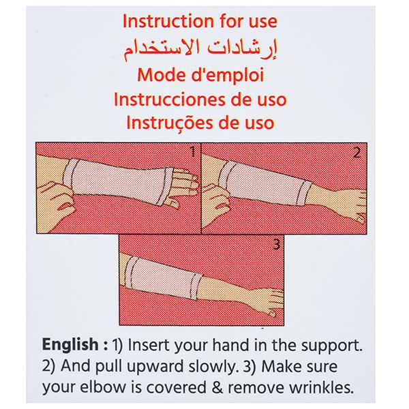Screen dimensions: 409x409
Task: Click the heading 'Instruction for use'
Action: click(200, 21)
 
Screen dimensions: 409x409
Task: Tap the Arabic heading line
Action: click(200, 49)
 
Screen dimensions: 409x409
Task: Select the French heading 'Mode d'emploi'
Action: click(200, 75)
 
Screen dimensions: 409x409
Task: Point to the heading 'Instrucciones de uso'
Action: click(200, 100)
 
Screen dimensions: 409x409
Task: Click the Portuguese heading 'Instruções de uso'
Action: click(200, 123)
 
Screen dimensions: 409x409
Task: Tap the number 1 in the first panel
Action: click(193, 151)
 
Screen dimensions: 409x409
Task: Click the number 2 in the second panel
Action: click(357, 152)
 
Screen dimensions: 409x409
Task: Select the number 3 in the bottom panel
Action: click(276, 245)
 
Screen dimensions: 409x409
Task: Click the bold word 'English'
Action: click(70, 344)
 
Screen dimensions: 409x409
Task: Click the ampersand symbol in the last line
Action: click(217, 387)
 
